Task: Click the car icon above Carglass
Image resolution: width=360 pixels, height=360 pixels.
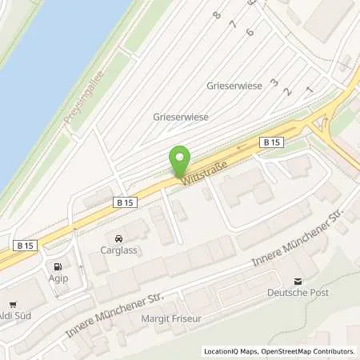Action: point(118,238)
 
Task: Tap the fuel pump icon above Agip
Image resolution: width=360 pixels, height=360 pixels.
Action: point(57,266)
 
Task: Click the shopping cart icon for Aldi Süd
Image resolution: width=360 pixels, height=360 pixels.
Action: point(13,305)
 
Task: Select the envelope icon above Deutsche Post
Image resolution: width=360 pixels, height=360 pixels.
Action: point(298,281)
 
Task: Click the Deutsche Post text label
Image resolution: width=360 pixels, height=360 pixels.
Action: point(298,292)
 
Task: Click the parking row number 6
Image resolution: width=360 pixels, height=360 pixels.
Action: point(250,32)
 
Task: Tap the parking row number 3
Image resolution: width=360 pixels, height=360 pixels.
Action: point(274,82)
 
